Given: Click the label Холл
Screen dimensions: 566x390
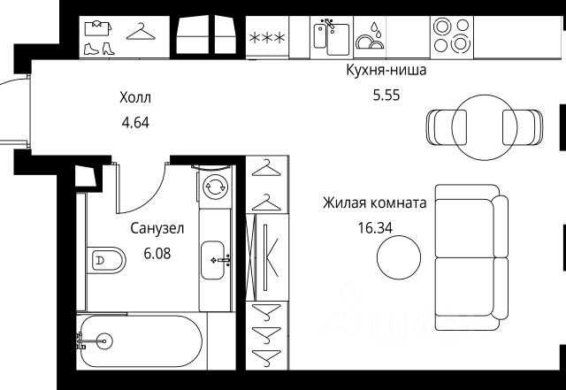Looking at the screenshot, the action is point(135,99).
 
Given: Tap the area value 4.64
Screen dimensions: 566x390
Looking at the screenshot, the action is point(135,122).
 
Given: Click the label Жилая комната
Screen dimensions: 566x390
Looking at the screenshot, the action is point(375,203).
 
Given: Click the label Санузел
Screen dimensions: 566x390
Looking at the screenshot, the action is point(157,229).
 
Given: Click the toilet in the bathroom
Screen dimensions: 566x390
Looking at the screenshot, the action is point(104,261).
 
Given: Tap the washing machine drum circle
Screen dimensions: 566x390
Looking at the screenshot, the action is point(215,187).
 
